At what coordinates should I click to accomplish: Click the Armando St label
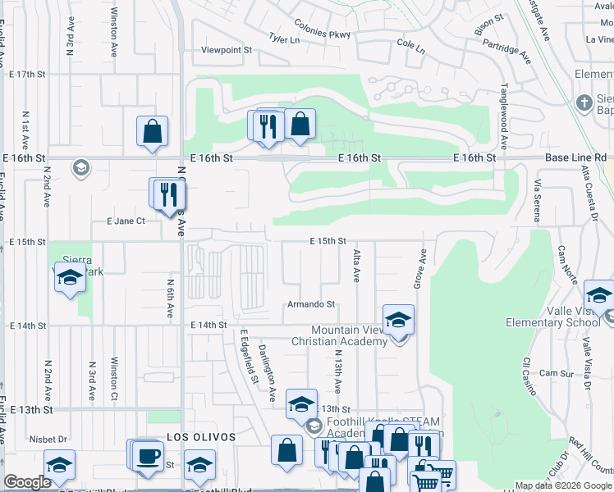(311, 304)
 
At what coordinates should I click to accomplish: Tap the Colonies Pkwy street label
(323, 34)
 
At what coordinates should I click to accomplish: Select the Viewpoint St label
(226, 50)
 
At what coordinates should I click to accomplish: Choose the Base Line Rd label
(576, 157)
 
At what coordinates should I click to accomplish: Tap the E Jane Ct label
(126, 221)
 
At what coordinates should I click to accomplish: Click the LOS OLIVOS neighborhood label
(201, 438)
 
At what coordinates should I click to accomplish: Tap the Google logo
(28, 482)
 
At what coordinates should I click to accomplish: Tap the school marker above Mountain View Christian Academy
(398, 320)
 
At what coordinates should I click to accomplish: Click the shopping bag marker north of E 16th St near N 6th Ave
(152, 130)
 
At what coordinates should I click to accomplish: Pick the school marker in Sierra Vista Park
(71, 278)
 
